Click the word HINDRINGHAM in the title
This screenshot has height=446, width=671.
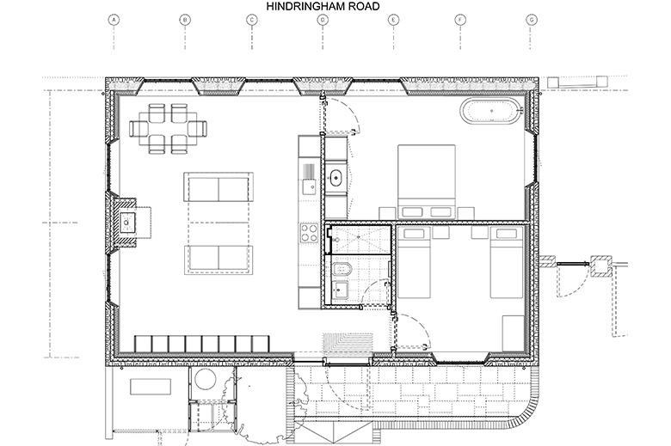point(305,6)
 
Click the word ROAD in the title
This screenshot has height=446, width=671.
point(363,6)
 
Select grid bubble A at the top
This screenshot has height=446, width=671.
point(114,20)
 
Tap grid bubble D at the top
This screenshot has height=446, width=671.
point(323,20)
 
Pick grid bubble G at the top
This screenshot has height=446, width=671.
point(532,20)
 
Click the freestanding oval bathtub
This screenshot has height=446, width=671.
point(491,111)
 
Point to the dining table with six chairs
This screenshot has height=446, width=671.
point(168,128)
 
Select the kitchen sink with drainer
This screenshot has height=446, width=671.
point(309,179)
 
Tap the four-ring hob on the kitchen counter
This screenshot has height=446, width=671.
point(309,233)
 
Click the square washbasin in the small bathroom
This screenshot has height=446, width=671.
point(340,290)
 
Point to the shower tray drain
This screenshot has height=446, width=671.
point(336,240)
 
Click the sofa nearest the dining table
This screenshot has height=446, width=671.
point(219,186)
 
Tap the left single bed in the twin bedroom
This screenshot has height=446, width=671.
point(414,262)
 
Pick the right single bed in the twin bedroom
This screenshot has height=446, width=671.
point(507,262)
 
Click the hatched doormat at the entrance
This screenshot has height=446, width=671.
point(348,344)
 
